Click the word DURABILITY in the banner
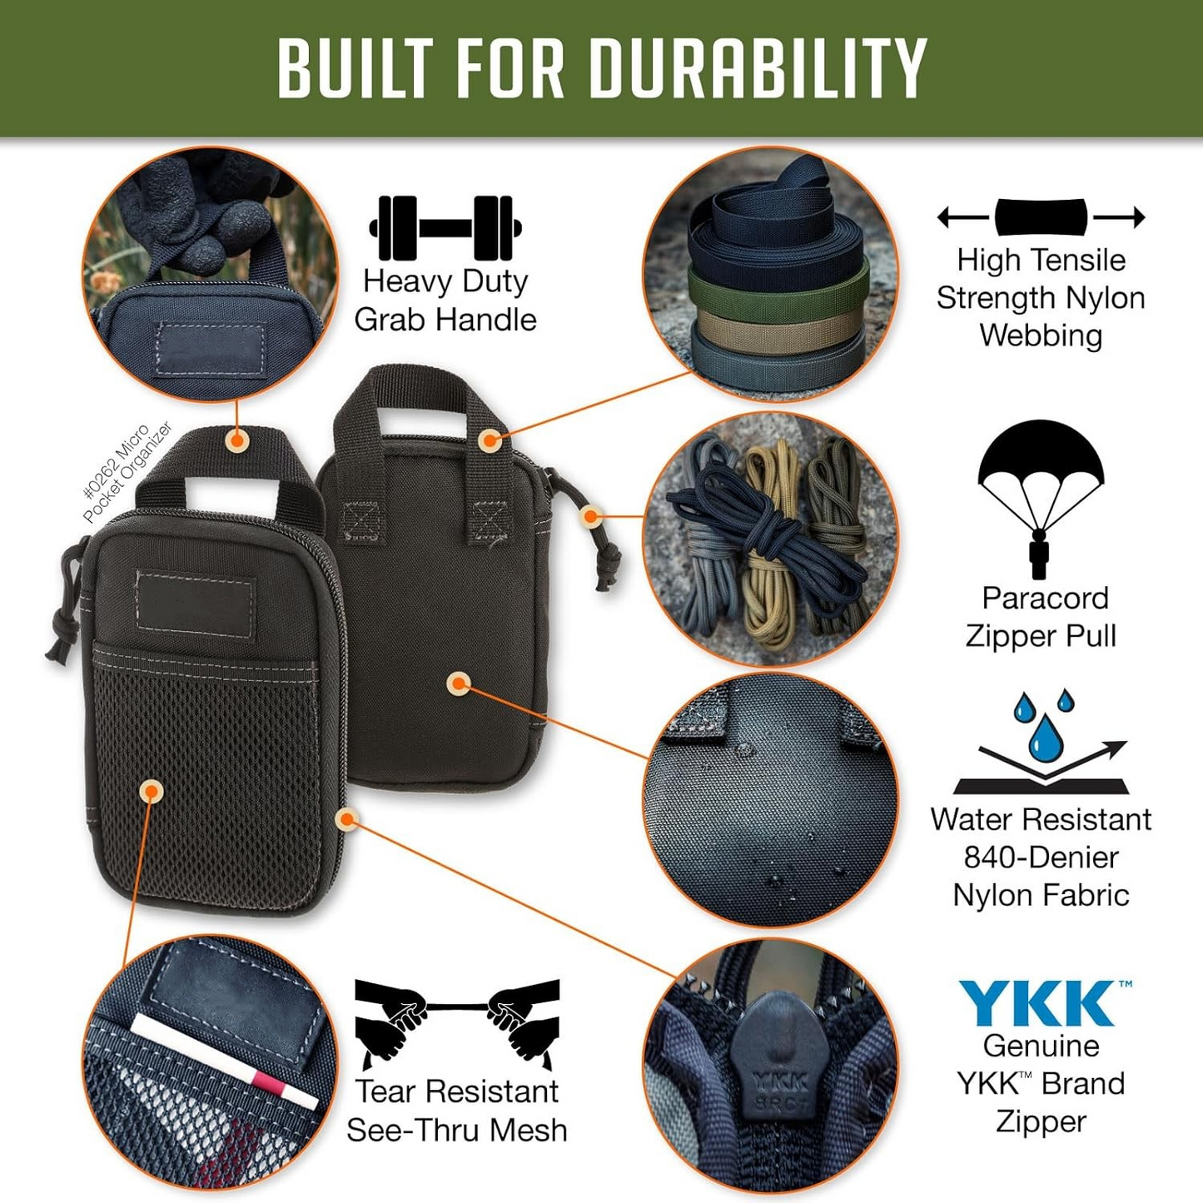pyautogui.click(x=758, y=68)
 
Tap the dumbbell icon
pyautogui.click(x=445, y=227)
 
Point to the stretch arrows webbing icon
pyautogui.click(x=1041, y=217)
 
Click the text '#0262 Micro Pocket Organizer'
pyautogui.click(x=127, y=472)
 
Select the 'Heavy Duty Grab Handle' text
pyautogui.click(x=445, y=301)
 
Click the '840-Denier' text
pyautogui.click(x=1041, y=857)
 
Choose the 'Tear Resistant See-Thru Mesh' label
pyautogui.click(x=457, y=1111)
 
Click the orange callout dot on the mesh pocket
pyautogui.click(x=151, y=791)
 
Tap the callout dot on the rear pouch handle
pyautogui.click(x=490, y=440)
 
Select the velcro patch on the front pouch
pyautogui.click(x=196, y=604)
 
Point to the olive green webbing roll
pyautogui.click(x=778, y=292)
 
